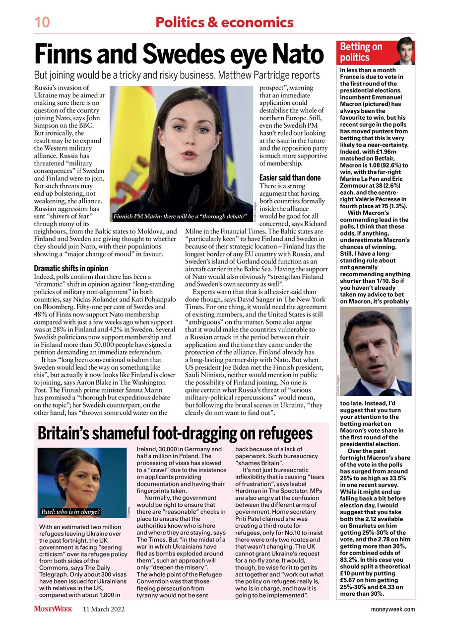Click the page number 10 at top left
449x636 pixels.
[x=42, y=22]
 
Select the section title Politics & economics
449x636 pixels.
[x=224, y=22]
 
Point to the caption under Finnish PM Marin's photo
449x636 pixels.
[x=180, y=217]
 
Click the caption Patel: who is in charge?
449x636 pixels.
[x=70, y=511]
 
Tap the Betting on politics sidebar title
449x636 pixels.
[x=361, y=52]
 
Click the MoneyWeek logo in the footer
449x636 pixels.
[x=53, y=609]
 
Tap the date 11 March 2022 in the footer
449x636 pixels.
[x=104, y=609]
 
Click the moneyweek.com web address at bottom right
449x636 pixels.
[x=392, y=609]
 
